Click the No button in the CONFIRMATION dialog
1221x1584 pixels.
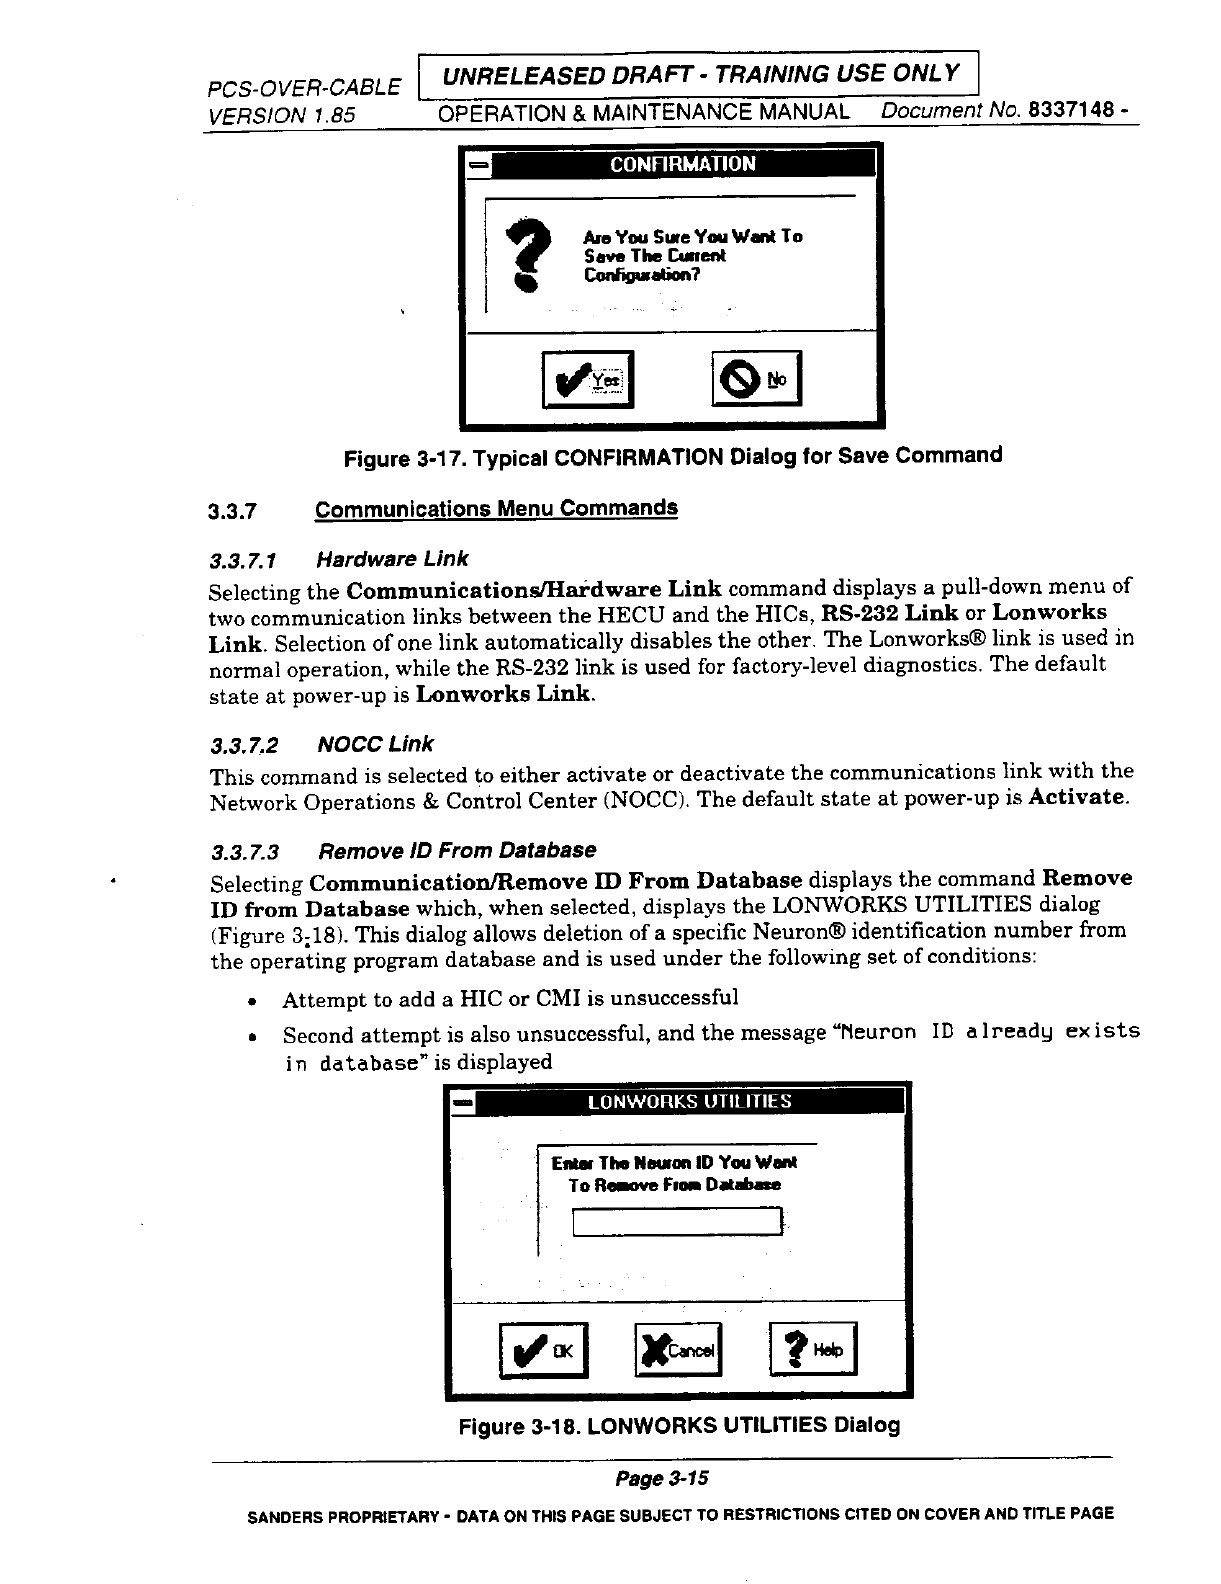click(x=756, y=379)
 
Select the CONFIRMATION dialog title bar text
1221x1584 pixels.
click(x=683, y=164)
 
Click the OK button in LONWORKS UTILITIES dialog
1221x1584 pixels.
click(x=543, y=1351)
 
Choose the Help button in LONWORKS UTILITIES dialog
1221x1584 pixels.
click(x=813, y=1351)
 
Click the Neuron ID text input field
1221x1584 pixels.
click(x=677, y=1221)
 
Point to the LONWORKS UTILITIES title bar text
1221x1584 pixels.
click(x=689, y=1102)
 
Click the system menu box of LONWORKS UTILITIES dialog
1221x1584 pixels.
click(x=462, y=1103)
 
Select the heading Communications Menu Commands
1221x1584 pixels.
click(x=496, y=508)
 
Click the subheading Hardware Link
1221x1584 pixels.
click(x=391, y=558)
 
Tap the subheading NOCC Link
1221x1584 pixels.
click(x=375, y=744)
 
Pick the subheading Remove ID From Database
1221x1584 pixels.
click(x=456, y=850)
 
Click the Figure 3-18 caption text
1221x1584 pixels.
click(x=678, y=1425)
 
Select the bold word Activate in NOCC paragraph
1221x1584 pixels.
click(x=1078, y=798)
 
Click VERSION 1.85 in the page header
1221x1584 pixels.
click(x=280, y=115)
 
